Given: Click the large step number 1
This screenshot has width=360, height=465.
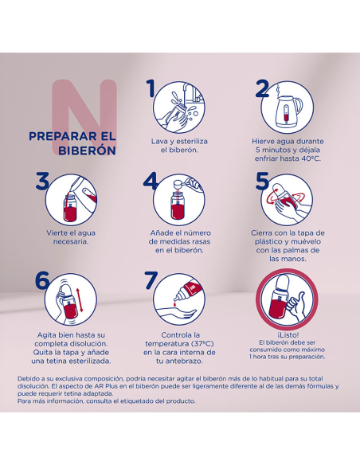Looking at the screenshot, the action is pyautogui.click(x=151, y=88).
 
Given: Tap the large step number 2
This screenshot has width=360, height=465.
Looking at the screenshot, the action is pyautogui.click(x=263, y=88).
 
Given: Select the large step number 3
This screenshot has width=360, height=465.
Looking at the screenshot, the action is pyautogui.click(x=42, y=181).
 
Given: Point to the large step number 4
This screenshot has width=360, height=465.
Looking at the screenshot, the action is pyautogui.click(x=151, y=181).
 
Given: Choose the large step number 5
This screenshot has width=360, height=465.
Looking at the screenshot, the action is pyautogui.click(x=263, y=181).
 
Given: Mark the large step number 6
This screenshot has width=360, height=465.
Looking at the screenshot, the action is pyautogui.click(x=42, y=279).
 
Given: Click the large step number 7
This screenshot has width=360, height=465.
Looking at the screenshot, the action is pyautogui.click(x=151, y=280).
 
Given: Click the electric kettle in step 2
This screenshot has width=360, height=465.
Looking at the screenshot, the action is pyautogui.click(x=287, y=111).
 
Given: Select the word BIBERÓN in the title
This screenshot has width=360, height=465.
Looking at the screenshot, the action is pyautogui.click(x=87, y=150).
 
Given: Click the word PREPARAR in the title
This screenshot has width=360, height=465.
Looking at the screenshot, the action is pyautogui.click(x=59, y=136).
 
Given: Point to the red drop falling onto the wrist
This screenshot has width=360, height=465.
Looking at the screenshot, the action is pyautogui.click(x=174, y=303).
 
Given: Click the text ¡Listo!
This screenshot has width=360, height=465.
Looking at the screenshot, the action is pyautogui.click(x=288, y=334).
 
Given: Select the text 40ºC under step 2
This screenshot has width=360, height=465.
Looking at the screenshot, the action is pyautogui.click(x=311, y=158).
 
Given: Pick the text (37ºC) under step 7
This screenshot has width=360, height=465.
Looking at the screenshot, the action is pyautogui.click(x=202, y=344).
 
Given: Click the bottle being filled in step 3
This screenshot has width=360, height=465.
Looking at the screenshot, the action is pyautogui.click(x=70, y=208).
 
